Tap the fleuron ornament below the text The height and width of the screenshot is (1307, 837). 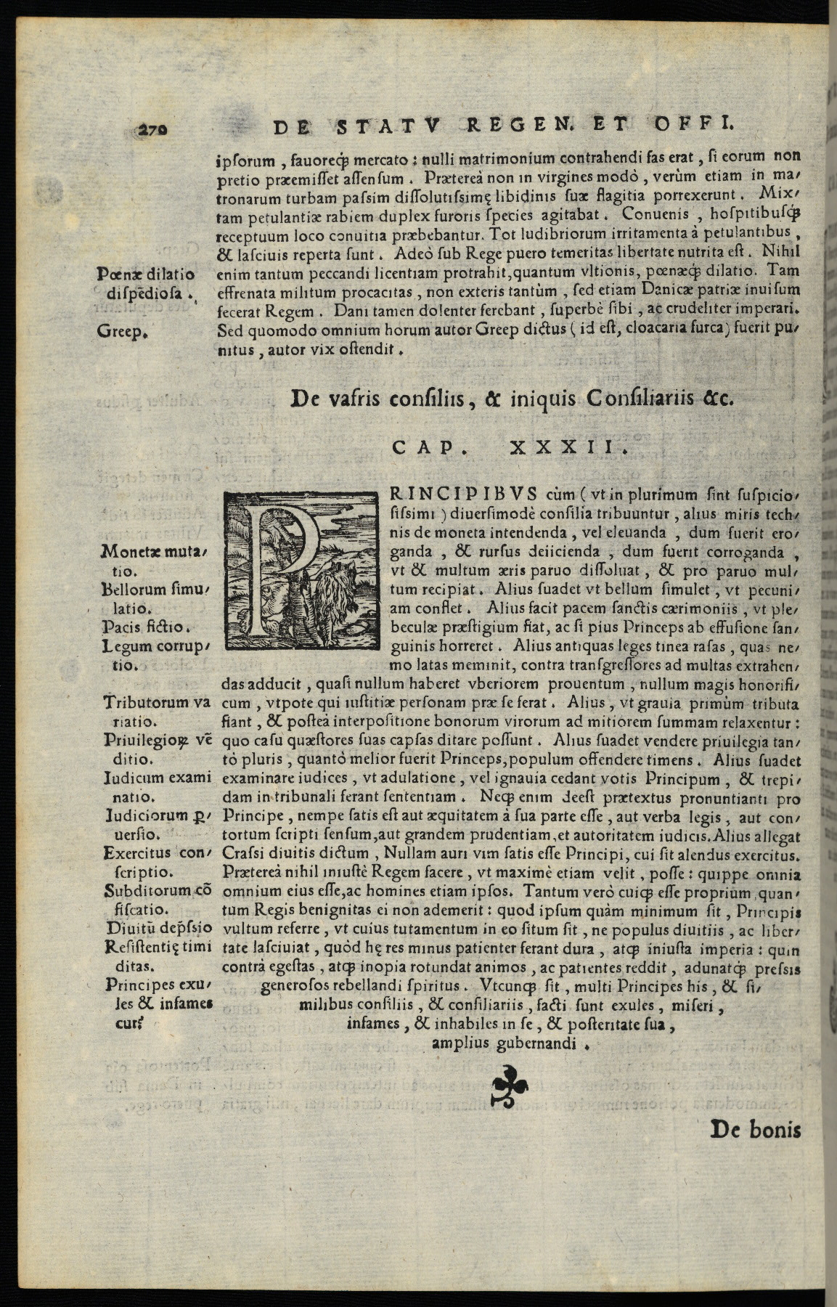pyautogui.click(x=510, y=1086)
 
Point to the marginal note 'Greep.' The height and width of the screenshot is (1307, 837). pyautogui.click(x=123, y=332)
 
